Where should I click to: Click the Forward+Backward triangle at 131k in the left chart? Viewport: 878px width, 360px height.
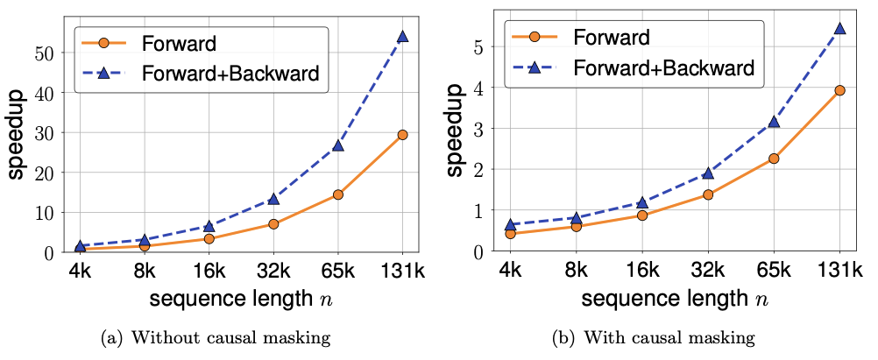(402, 36)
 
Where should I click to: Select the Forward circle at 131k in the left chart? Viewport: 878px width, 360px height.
(402, 135)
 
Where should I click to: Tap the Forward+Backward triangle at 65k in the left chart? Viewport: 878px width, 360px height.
(337, 145)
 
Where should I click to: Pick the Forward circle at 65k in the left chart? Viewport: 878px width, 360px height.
(337, 194)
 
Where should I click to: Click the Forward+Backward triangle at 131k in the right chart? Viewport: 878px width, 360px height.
(839, 28)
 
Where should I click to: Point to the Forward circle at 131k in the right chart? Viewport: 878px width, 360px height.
(839, 90)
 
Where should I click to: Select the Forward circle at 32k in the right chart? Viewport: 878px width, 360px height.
(708, 194)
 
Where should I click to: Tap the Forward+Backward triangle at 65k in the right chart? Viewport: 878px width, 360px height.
(773, 122)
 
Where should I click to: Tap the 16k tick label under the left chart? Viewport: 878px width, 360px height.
(207, 270)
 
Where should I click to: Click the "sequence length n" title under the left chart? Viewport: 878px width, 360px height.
(238, 300)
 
